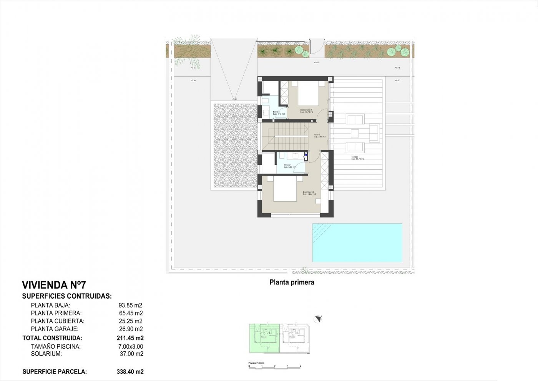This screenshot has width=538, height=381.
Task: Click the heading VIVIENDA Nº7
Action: pyautogui.click(x=54, y=285)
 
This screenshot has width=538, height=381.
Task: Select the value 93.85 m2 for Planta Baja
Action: pyautogui.click(x=130, y=305)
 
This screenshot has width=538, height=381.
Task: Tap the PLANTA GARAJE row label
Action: pyautogui.click(x=55, y=329)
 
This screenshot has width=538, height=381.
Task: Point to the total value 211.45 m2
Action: pyautogui.click(x=130, y=338)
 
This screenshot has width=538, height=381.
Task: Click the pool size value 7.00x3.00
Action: pyautogui.click(x=131, y=346)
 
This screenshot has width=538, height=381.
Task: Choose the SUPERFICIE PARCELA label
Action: pyautogui.click(x=55, y=371)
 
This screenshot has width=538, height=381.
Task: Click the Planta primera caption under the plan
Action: pyautogui.click(x=292, y=282)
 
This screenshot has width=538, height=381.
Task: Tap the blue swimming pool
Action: pyautogui.click(x=357, y=243)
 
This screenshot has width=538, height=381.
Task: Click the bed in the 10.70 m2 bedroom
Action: pyautogui.click(x=308, y=95)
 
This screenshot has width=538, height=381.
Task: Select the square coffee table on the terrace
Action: pyautogui.click(x=355, y=134)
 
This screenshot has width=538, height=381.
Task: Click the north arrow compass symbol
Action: pyautogui.click(x=317, y=319)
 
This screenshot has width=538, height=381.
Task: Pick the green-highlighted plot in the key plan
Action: pyautogui.click(x=264, y=338)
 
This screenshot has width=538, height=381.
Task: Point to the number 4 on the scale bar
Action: pyautogui.click(x=301, y=366)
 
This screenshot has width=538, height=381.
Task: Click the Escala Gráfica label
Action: pyautogui.click(x=256, y=363)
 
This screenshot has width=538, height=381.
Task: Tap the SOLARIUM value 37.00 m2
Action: pyautogui.click(x=131, y=354)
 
